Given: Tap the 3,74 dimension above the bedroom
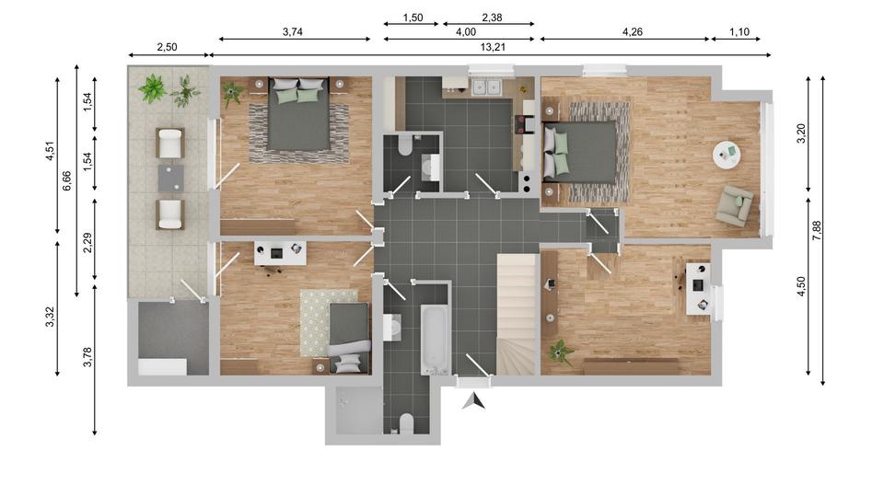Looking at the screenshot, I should pos(293,31).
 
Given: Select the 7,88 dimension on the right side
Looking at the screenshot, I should pos(816,230).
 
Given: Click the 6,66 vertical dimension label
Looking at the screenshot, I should pos(67,180).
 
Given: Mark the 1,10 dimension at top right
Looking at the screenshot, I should pos(739,31).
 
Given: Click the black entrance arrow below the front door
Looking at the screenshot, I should pos(473,399).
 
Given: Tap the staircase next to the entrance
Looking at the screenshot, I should pos(516,313).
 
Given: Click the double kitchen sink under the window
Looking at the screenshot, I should pos(485,87).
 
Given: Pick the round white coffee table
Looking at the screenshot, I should pos(727,155).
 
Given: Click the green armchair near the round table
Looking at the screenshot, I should pos(735,204).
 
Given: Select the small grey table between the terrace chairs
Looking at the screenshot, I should pos(170,178).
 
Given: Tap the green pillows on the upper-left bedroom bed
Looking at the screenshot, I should pos(299,94).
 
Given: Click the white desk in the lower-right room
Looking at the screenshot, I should pos(697,289).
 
